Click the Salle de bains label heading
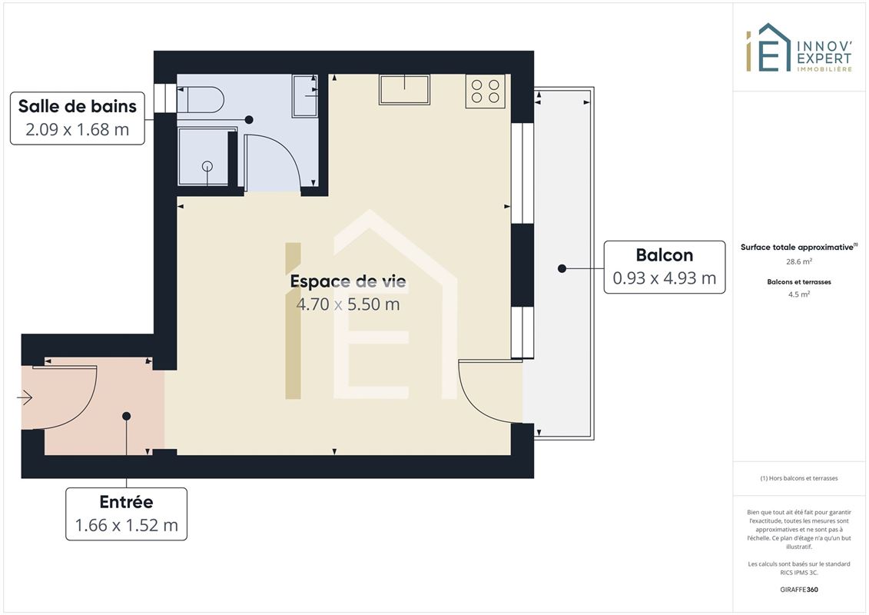(x=77, y=106)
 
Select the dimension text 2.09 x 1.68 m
(x=77, y=129)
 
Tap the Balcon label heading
(x=665, y=254)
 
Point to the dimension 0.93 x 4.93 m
(x=665, y=278)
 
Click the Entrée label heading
(x=126, y=501)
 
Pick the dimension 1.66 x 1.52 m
(x=126, y=524)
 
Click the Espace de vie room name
(x=348, y=281)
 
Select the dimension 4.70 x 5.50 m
(x=348, y=304)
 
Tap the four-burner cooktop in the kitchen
(x=486, y=91)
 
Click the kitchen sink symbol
(x=405, y=89)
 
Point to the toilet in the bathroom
(x=200, y=100)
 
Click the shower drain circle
(x=207, y=166)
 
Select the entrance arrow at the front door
(x=25, y=397)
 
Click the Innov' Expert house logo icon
(x=768, y=48)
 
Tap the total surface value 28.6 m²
(x=798, y=261)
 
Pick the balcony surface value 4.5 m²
(x=798, y=294)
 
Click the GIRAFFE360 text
(x=798, y=590)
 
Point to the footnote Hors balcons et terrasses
(x=798, y=478)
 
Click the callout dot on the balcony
(x=562, y=268)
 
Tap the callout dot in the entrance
(x=126, y=416)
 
